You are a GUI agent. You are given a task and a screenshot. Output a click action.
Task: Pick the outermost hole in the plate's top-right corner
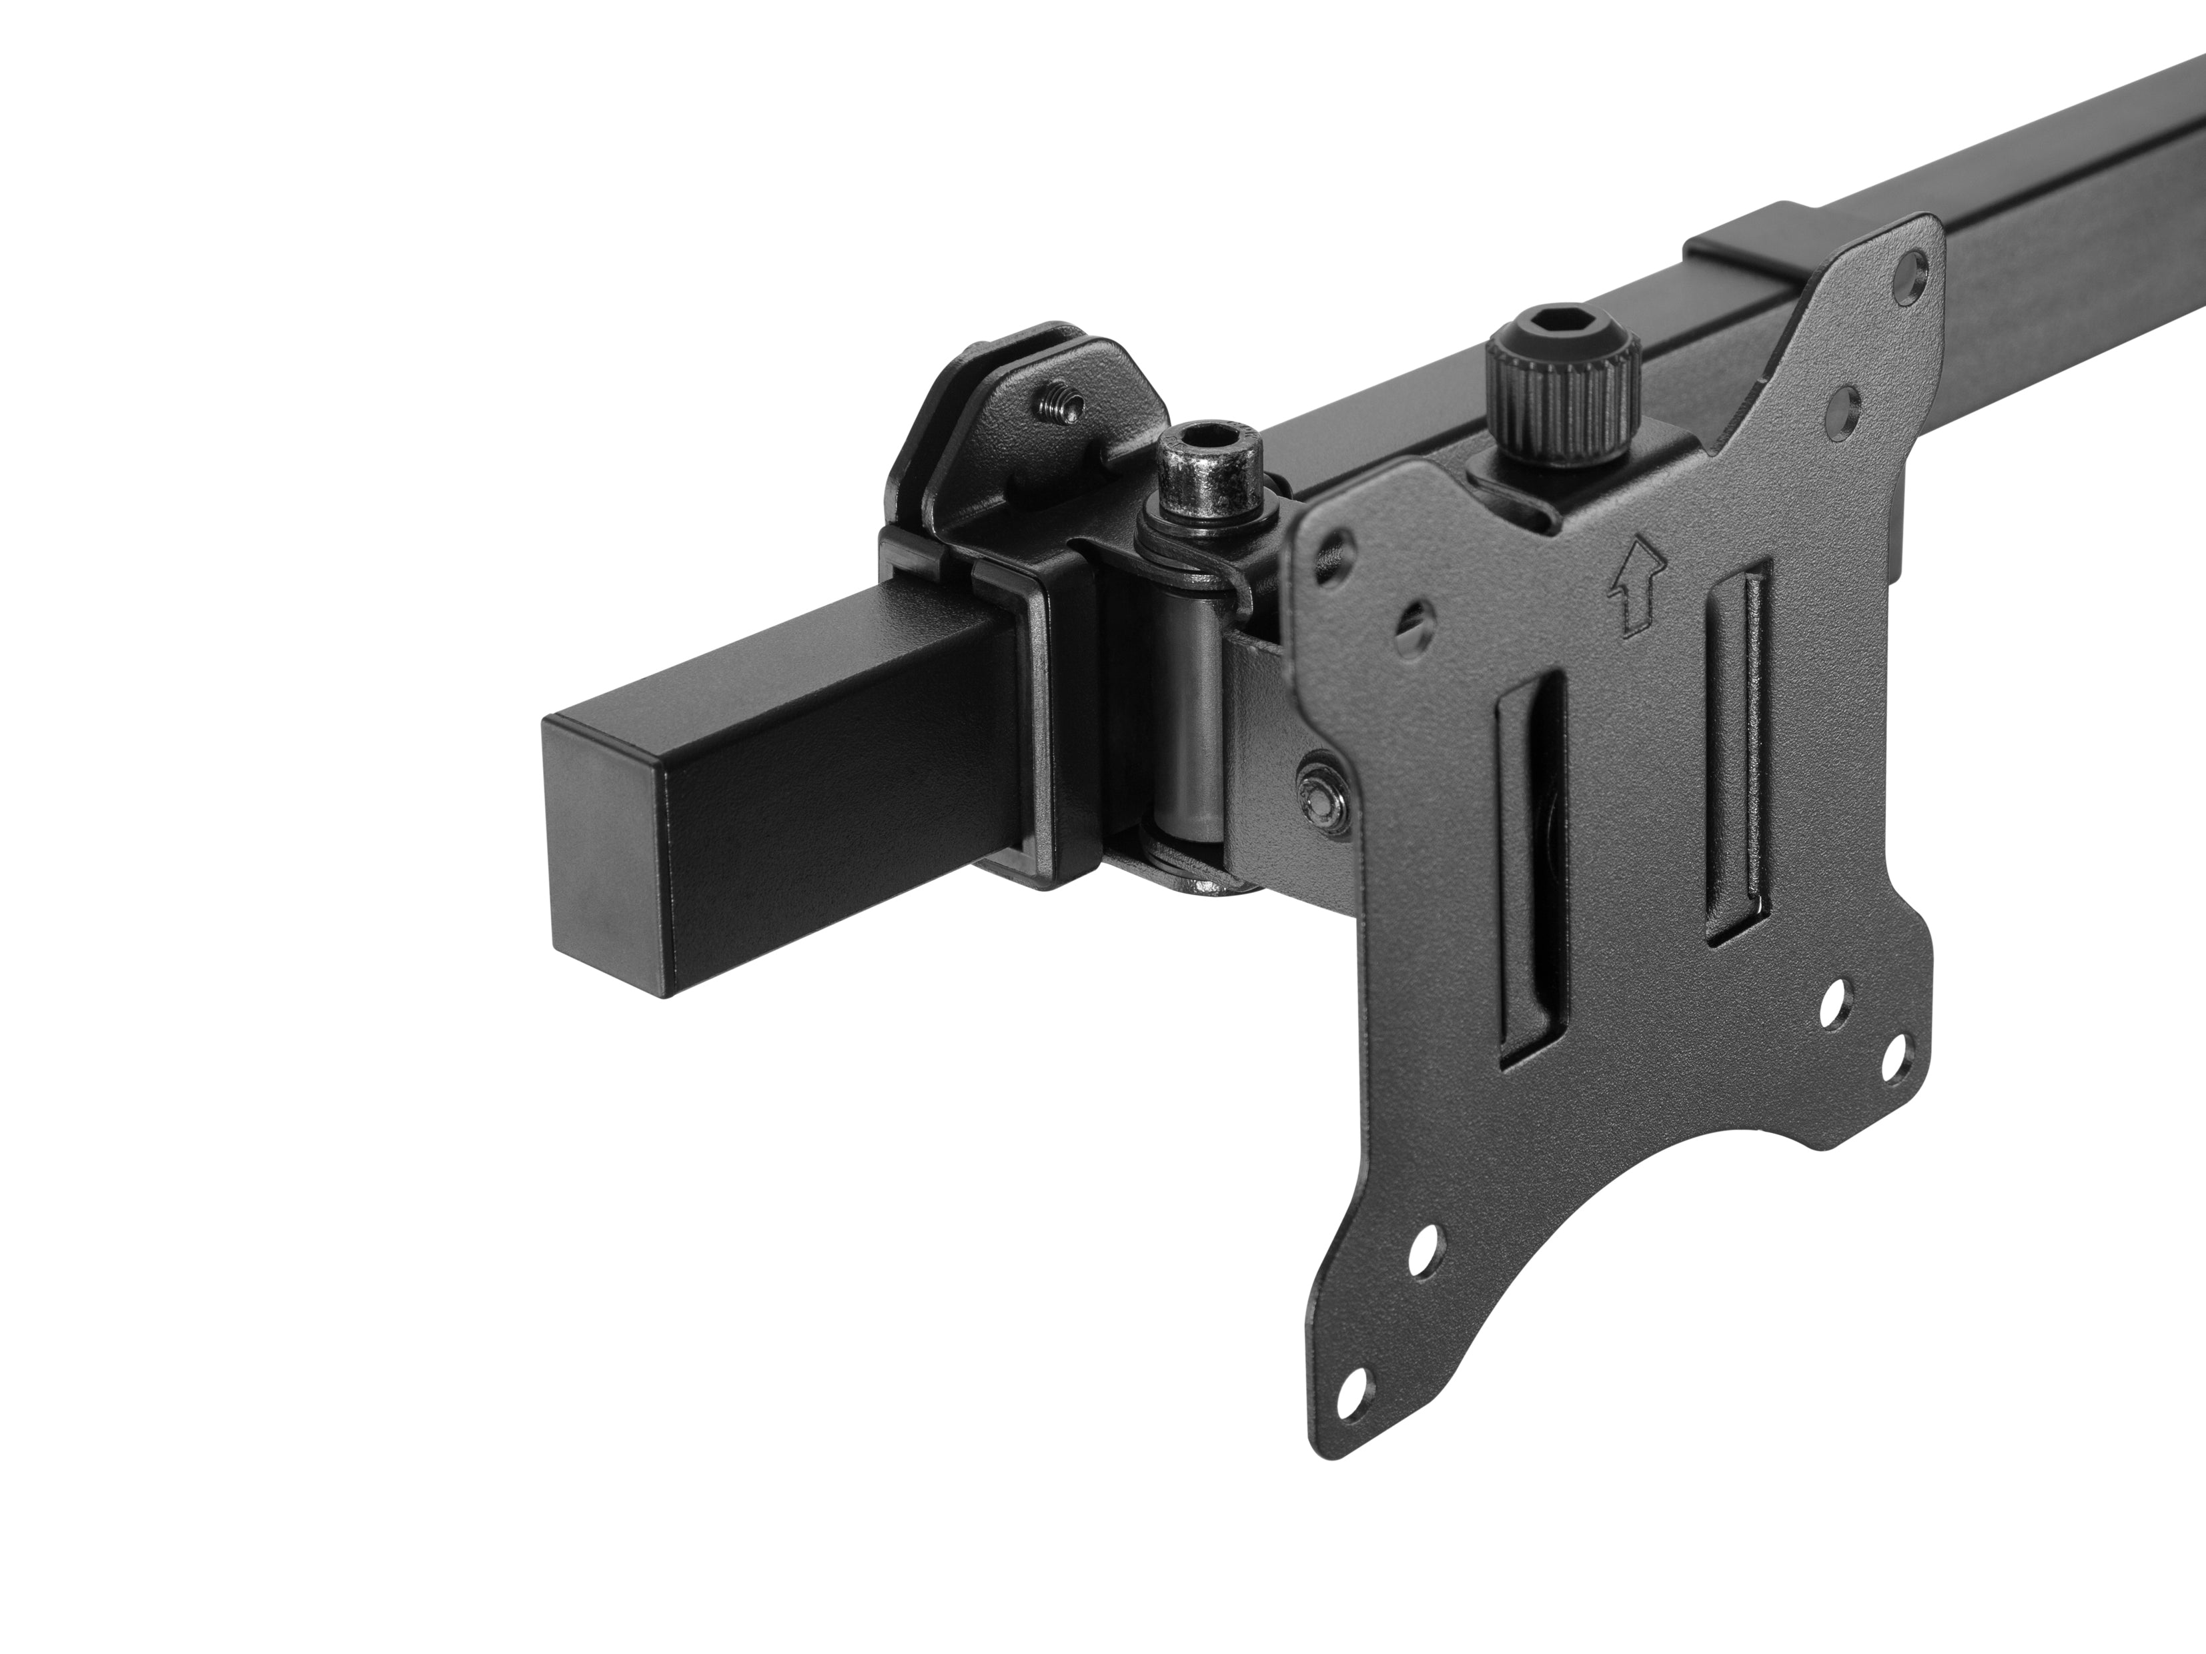(1908, 270)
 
